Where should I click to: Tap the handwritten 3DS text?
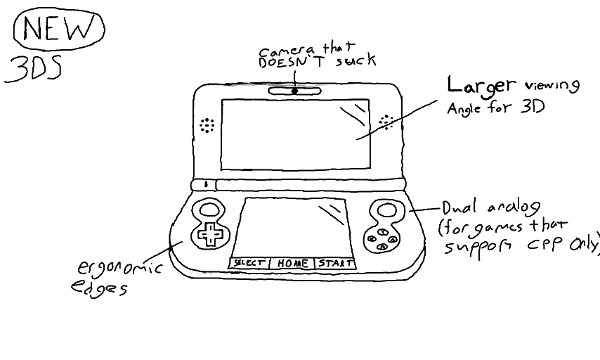click(x=33, y=68)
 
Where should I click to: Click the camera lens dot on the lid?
click(x=294, y=91)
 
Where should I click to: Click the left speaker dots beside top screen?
click(x=207, y=125)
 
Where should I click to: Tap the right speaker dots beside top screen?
click(x=386, y=122)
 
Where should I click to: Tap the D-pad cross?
click(x=209, y=233)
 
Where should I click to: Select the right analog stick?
click(x=386, y=209)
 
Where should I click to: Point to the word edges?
click(x=98, y=289)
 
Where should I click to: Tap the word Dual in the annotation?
click(x=459, y=208)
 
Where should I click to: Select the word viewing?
click(x=553, y=86)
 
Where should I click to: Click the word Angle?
click(x=466, y=110)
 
